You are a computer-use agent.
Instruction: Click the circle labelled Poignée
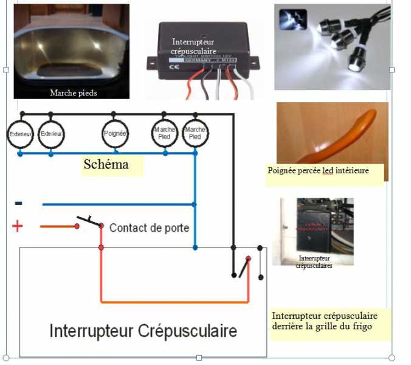tap(115, 134)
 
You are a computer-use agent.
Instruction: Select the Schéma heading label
tap(106, 164)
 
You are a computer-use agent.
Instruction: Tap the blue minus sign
tap(18, 203)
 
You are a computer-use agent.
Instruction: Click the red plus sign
tap(17, 226)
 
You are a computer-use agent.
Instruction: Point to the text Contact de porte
tap(149, 228)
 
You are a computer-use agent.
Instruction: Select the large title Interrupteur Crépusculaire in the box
tap(143, 331)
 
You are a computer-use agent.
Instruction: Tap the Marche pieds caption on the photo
tap(73, 93)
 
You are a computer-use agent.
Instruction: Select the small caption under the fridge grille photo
tap(314, 262)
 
